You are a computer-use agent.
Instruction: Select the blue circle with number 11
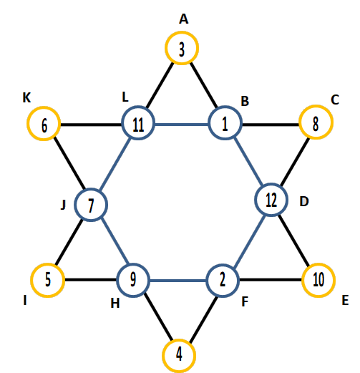coord(138,109)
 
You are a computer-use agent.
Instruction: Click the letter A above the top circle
coord(183,19)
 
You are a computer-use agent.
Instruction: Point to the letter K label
coord(26,97)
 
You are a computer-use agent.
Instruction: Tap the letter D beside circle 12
coord(304,201)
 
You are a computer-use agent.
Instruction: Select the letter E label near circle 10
coord(345,300)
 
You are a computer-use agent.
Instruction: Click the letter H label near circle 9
coord(115,304)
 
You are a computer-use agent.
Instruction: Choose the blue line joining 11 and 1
coord(182,125)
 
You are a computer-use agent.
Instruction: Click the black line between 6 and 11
coord(91,125)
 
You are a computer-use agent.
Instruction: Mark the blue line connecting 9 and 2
coord(178,281)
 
